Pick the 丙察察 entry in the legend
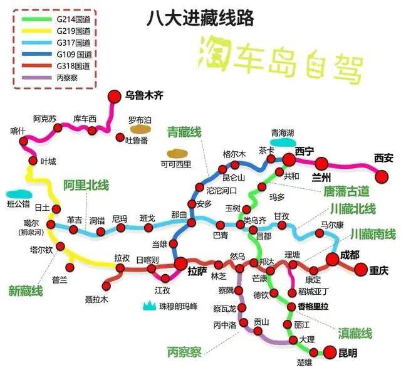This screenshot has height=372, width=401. tap(66, 78)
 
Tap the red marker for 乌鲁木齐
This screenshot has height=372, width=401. tap(114, 96)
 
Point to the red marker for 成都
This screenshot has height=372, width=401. tap(332, 260)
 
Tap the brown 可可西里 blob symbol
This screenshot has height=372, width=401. tap(175, 153)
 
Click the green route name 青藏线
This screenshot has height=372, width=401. tap(184, 132)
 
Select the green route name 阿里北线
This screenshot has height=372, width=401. tap(86, 185)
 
